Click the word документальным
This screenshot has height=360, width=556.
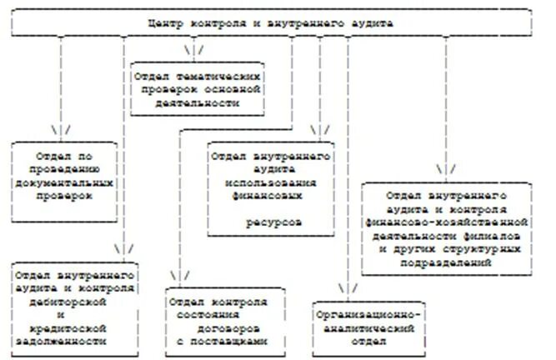point(63,180)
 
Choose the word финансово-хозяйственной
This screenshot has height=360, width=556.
point(447,222)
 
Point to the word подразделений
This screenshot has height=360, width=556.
point(447,262)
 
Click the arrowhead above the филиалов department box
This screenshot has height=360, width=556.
point(446,169)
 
